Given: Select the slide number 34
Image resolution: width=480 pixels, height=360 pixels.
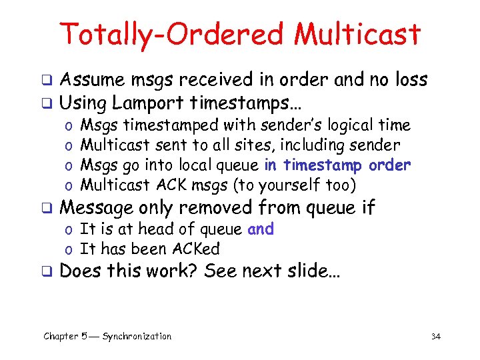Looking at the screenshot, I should (x=436, y=337).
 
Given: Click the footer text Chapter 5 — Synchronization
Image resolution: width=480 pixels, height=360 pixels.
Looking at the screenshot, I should (x=107, y=336).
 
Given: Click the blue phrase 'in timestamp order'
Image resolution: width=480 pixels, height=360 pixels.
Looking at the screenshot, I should (x=337, y=165).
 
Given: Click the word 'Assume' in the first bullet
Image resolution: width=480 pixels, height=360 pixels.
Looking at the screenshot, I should (x=91, y=81).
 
